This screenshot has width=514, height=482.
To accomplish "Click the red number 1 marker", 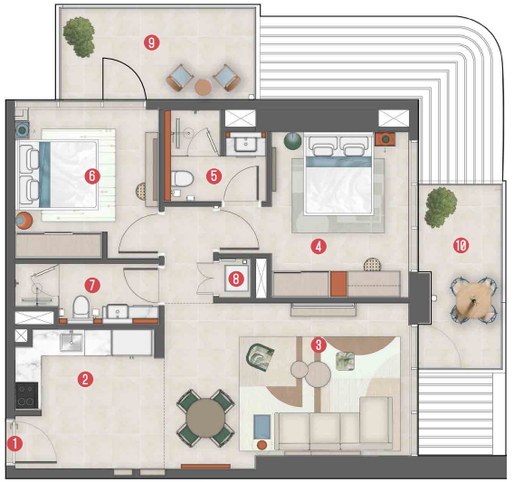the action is coord(14,444).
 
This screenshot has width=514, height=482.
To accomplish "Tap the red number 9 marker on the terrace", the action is coord(152,43).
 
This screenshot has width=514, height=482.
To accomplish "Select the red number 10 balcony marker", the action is coord(461,245).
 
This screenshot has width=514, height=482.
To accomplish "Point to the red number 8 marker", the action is coord(236,279).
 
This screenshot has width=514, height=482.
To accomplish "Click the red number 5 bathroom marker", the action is coord(214,176).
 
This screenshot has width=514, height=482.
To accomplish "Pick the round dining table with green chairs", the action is coord(205,418).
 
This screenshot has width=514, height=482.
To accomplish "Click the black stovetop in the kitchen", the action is coord(27,395).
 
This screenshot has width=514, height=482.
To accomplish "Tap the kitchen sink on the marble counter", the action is coord(71,342).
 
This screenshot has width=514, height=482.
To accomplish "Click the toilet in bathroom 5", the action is coord(183,179).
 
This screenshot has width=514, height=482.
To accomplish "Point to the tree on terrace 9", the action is coord(80,37).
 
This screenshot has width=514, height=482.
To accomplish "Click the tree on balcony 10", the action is coord(441,207).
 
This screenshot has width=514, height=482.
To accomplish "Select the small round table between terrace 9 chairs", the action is coord(203,88).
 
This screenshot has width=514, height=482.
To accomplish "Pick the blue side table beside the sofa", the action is coord(262,427).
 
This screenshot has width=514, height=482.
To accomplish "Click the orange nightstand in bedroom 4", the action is coord(385,139).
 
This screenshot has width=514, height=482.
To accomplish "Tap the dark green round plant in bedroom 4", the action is coord(292,141).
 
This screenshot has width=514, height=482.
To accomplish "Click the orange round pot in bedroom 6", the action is coord(24,220).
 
